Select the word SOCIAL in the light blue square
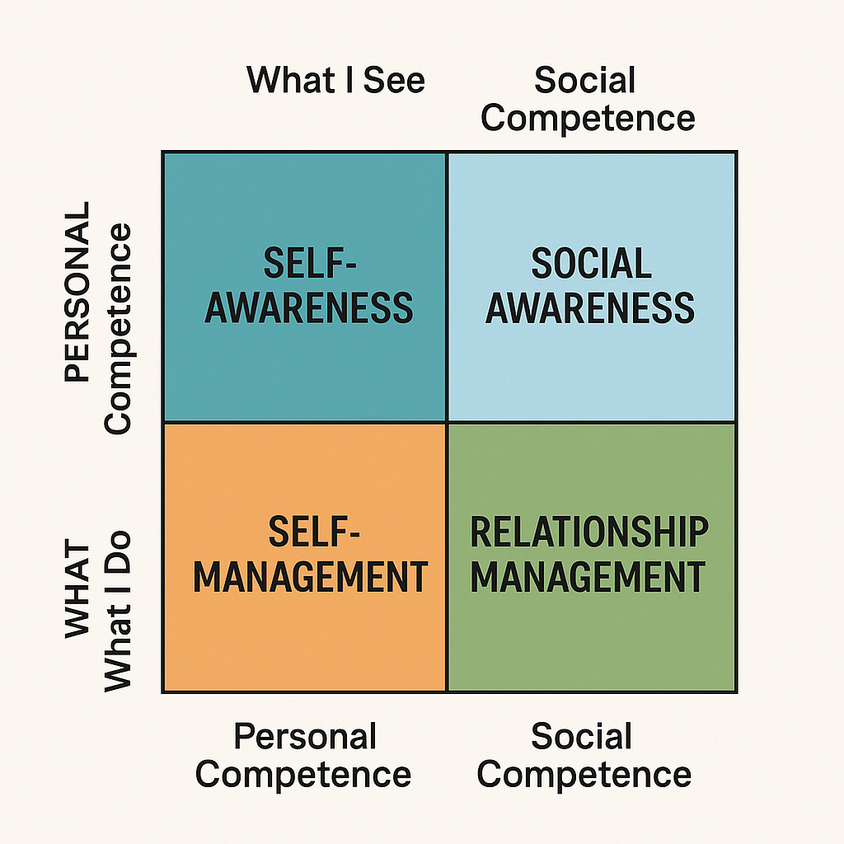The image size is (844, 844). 591,265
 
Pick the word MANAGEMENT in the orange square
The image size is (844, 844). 310,576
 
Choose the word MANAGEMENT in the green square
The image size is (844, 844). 588,576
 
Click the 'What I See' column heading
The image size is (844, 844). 335,80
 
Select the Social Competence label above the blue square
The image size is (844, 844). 588,99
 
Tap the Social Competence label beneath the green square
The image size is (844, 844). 584,755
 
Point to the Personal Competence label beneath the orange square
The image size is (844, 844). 304,755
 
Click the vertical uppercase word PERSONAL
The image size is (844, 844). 77,293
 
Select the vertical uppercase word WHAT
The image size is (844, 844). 77,590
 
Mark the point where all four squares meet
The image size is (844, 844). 447,423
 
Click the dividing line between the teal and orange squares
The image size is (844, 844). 305,423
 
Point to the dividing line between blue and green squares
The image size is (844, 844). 591,423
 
